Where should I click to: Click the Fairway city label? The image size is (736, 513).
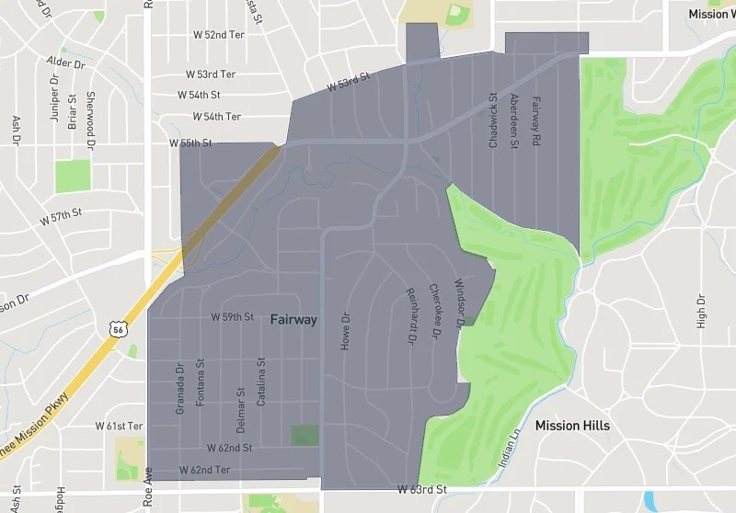293,320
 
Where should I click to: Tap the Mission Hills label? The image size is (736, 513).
572,426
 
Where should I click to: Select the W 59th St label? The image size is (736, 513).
232,317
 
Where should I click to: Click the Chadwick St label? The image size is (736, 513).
493,120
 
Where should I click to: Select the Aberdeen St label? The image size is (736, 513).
514,120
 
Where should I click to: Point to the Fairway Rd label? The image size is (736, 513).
535,120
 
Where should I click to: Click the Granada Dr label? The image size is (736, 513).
180,387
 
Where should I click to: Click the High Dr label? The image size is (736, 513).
701,313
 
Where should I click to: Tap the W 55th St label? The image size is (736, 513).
190,144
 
